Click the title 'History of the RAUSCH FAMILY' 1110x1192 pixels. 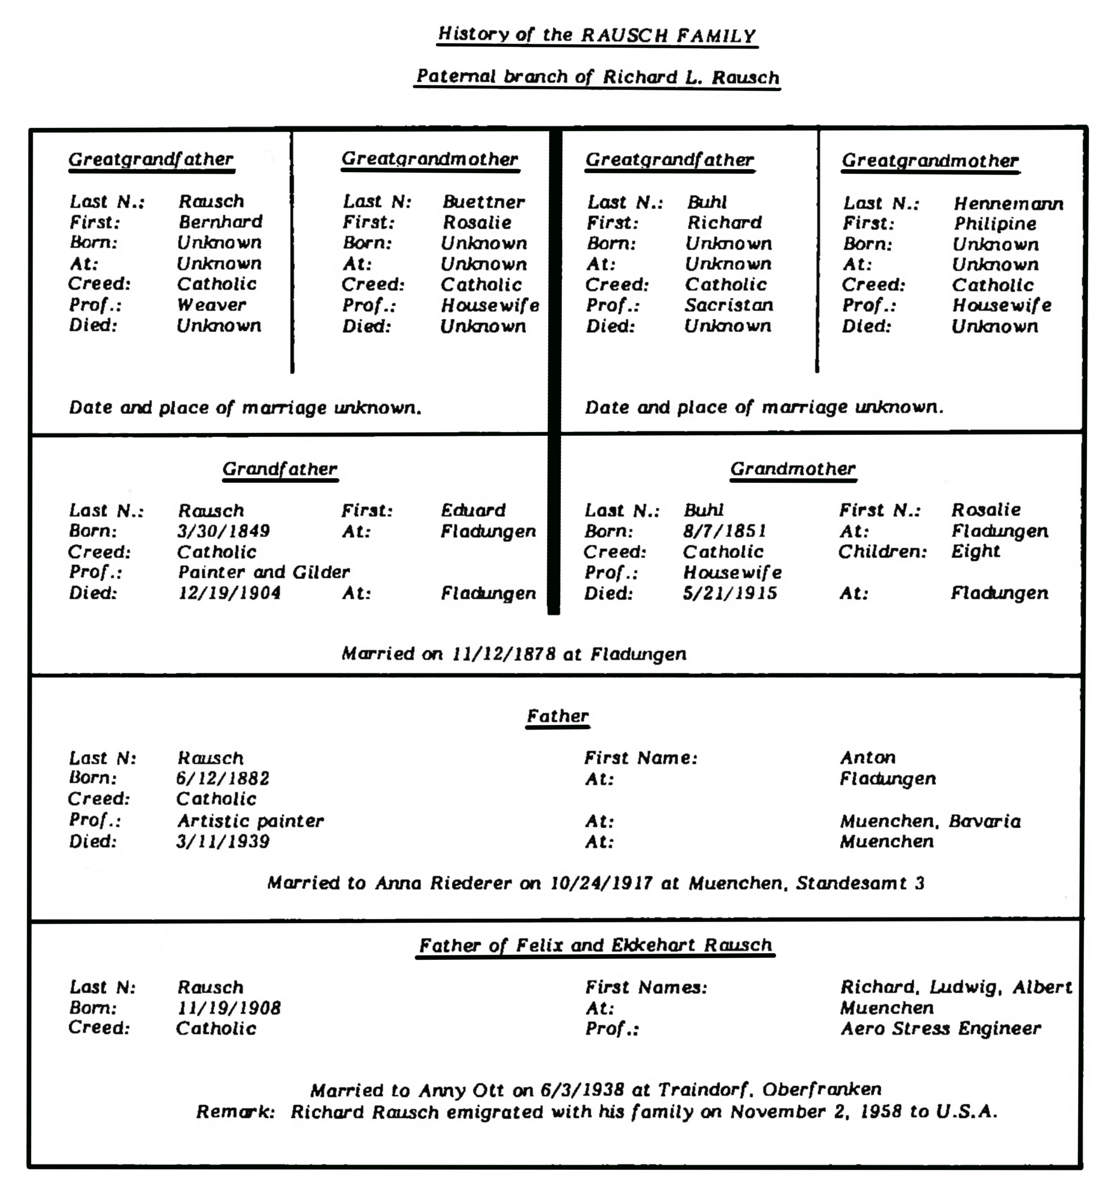[597, 35]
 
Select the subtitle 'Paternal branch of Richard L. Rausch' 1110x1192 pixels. [597, 77]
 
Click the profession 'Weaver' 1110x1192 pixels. [211, 305]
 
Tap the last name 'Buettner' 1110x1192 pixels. [483, 202]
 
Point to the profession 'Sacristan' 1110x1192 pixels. [729, 305]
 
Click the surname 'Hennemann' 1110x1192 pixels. [1008, 204]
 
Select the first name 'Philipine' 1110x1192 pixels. [994, 223]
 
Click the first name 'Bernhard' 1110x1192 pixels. [220, 222]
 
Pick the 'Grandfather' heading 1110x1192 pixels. [279, 469]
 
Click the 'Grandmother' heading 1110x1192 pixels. [792, 469]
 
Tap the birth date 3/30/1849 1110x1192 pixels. [223, 531]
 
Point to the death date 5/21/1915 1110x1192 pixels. [729, 593]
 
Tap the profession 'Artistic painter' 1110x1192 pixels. [250, 820]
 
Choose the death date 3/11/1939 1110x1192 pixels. [223, 841]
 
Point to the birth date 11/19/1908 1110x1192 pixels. [229, 1008]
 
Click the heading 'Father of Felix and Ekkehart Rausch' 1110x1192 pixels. [595, 946]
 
